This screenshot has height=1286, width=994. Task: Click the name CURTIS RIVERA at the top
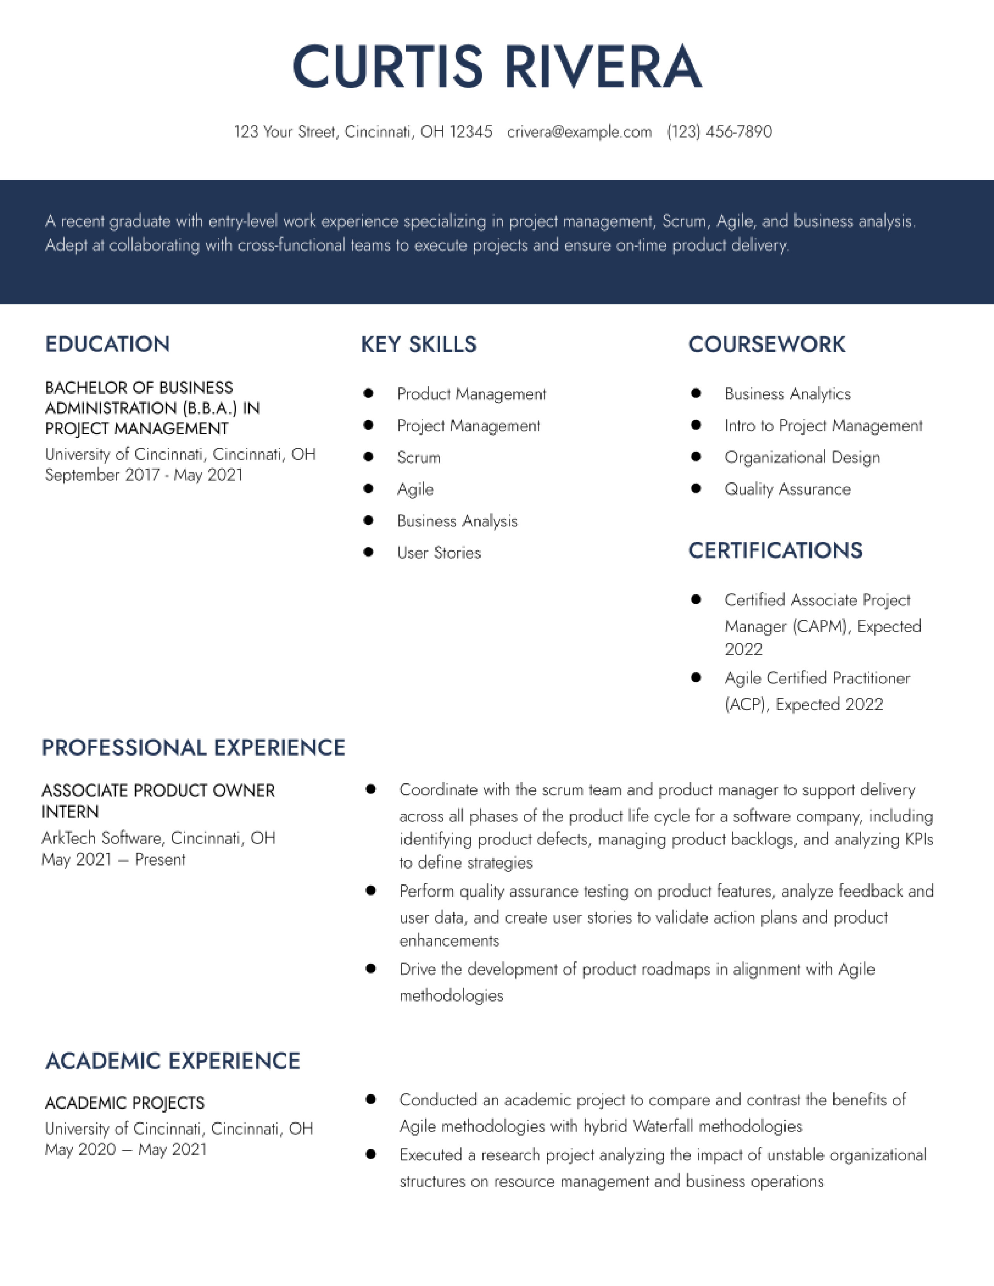click(x=496, y=66)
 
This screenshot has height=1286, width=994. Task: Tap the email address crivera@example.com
click(x=579, y=131)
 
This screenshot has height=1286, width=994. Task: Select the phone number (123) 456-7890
click(x=719, y=131)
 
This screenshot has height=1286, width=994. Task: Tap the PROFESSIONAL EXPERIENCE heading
click(x=193, y=748)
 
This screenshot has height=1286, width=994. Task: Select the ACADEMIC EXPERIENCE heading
click(x=173, y=1061)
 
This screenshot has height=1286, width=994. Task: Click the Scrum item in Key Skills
click(x=419, y=458)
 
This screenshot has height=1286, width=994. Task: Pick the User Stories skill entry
click(x=439, y=553)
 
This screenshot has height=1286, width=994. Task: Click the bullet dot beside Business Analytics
click(x=695, y=393)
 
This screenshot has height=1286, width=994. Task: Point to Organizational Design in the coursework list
click(x=802, y=458)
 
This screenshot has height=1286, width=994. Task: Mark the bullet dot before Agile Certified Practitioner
click(x=695, y=678)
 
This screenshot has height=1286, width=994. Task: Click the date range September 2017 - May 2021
click(x=144, y=475)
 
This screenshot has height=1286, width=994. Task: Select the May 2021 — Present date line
click(x=113, y=860)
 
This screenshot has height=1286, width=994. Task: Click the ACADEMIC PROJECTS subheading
click(x=124, y=1103)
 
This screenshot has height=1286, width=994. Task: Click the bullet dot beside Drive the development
click(x=370, y=969)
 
